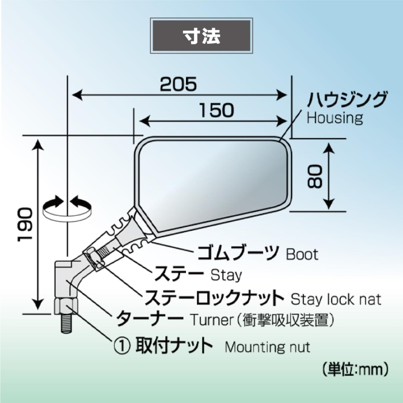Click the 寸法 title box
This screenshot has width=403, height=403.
pyautogui.click(x=201, y=36)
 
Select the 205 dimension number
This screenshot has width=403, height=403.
pyautogui.click(x=178, y=84)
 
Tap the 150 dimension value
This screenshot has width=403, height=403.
pyautogui.click(x=217, y=111)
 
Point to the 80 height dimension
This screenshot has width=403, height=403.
pyautogui.click(x=314, y=177)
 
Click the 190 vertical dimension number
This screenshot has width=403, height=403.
pyautogui.click(x=25, y=225)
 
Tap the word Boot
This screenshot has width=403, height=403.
pyautogui.click(x=302, y=254)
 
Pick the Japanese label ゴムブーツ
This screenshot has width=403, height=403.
pyautogui.click(x=238, y=252)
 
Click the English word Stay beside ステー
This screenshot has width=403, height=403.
pyautogui.click(x=226, y=275)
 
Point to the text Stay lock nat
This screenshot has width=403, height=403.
pyautogui.click(x=336, y=299)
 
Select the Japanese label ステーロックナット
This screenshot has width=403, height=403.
pyautogui.click(x=214, y=298)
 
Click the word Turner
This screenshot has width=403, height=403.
pyautogui.click(x=211, y=320)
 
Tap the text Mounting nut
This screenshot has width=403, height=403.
pyautogui.click(x=267, y=347)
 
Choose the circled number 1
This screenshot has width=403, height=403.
pyautogui.click(x=122, y=346)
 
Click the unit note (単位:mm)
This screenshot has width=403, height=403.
pyautogui.click(x=355, y=370)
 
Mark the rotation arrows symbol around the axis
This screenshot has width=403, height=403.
pyautogui.click(x=67, y=208)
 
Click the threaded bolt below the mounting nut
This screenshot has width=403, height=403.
pyautogui.click(x=66, y=323)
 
